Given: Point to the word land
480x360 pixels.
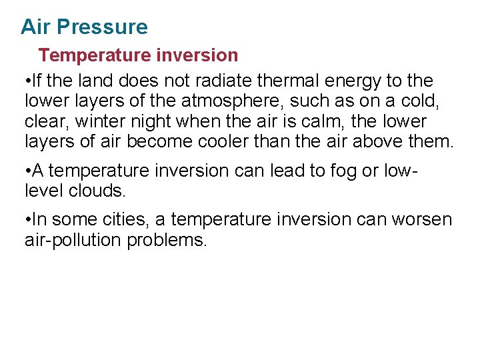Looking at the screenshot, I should coord(96,81).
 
